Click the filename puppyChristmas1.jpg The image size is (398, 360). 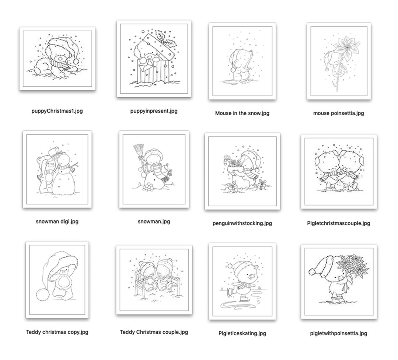[57, 111]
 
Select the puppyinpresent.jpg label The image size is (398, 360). [154, 111]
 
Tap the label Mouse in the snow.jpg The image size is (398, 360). [242, 113]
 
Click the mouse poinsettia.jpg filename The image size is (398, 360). [338, 113]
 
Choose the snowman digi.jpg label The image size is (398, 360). [57, 221]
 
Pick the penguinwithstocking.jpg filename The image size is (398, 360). [242, 223]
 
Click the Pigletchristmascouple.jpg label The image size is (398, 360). [338, 223]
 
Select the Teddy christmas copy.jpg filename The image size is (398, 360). [57, 332]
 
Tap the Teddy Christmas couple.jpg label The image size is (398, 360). [154, 332]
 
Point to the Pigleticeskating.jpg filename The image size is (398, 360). [242, 333]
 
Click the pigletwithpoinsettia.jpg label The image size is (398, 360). [338, 333]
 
